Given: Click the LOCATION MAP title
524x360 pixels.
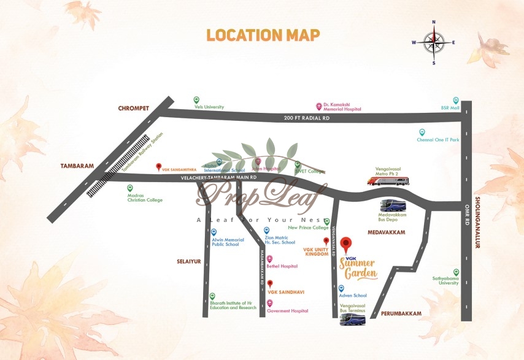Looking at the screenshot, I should (x=263, y=35).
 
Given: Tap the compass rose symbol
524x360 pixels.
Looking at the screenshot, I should (x=434, y=42).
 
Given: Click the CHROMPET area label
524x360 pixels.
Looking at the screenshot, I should (x=134, y=109).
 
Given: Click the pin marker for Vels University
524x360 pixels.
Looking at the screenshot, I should (x=196, y=100).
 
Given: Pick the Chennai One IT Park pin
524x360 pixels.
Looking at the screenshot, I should (x=422, y=132).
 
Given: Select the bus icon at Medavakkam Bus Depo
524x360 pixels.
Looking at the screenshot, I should (x=393, y=205).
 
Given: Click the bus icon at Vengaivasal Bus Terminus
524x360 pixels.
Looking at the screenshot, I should (x=352, y=320).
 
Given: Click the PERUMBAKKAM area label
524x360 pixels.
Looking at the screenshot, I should (x=401, y=313).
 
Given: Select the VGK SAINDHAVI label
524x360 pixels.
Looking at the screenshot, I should (x=286, y=292).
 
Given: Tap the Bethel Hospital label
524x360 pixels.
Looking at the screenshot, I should (x=282, y=266).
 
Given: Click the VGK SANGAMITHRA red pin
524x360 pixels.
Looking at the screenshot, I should (x=159, y=166).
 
